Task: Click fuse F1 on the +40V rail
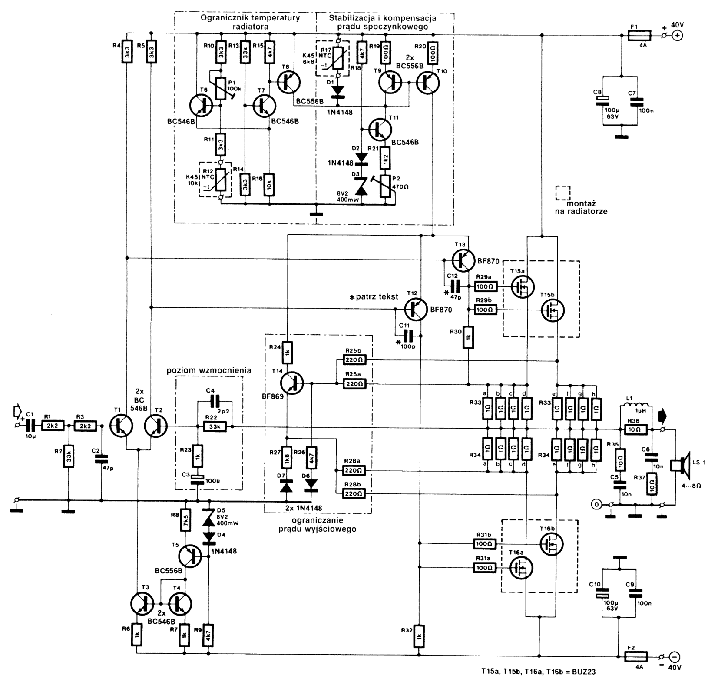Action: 639,35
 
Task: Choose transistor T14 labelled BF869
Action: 292,383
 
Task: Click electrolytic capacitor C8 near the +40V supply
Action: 604,102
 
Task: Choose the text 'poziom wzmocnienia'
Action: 209,371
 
